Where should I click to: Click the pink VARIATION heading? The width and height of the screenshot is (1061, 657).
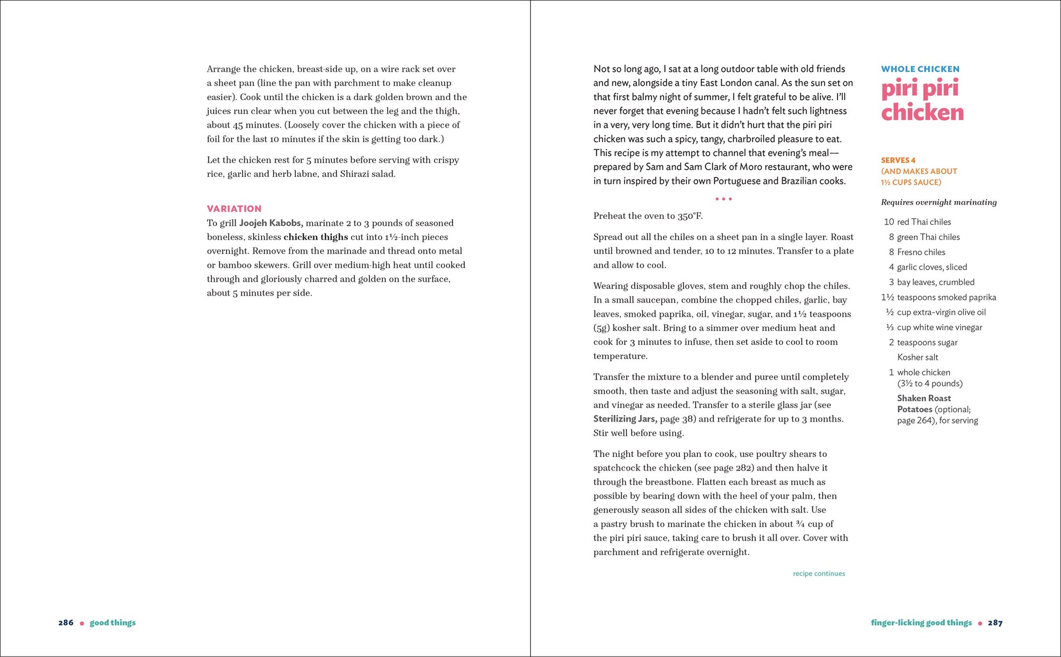[x=234, y=209]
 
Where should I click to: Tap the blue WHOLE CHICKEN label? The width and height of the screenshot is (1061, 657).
[x=920, y=69]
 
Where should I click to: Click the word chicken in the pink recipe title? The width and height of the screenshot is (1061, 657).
[x=922, y=113]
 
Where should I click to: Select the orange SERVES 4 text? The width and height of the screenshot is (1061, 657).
[x=898, y=160]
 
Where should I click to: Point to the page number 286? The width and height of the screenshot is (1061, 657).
[x=66, y=623]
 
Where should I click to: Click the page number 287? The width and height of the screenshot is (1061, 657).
[x=995, y=623]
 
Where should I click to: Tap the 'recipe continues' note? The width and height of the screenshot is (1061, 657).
[x=819, y=574]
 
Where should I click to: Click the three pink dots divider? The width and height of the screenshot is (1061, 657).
[x=723, y=199]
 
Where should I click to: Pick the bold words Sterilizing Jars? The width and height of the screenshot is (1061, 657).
[x=625, y=419]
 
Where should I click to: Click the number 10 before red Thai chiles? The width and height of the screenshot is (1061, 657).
[x=888, y=222]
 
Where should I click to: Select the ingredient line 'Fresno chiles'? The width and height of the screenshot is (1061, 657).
[x=921, y=252]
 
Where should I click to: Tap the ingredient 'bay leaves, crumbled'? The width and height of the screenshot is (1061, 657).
[x=935, y=282]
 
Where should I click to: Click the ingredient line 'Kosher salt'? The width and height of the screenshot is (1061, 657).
[x=917, y=357]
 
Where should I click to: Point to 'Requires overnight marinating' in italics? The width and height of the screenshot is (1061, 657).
[x=939, y=202]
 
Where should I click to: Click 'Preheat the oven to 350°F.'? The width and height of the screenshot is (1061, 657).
[x=648, y=216]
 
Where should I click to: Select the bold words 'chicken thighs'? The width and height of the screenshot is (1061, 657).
[x=316, y=237]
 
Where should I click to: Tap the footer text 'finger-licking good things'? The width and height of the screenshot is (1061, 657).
[x=921, y=623]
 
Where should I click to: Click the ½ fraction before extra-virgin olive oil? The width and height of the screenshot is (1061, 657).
[x=890, y=312]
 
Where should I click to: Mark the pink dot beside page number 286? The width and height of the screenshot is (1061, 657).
[x=82, y=623]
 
